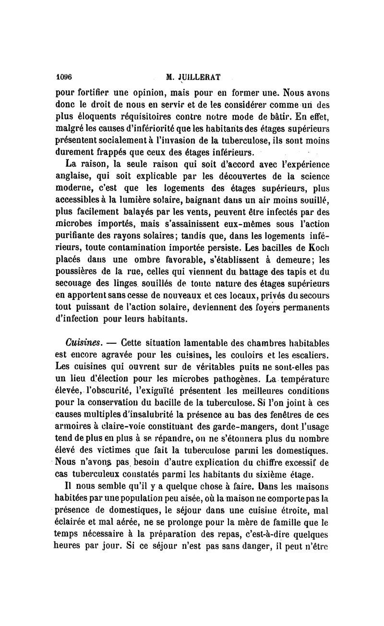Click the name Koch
(x=320, y=249)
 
